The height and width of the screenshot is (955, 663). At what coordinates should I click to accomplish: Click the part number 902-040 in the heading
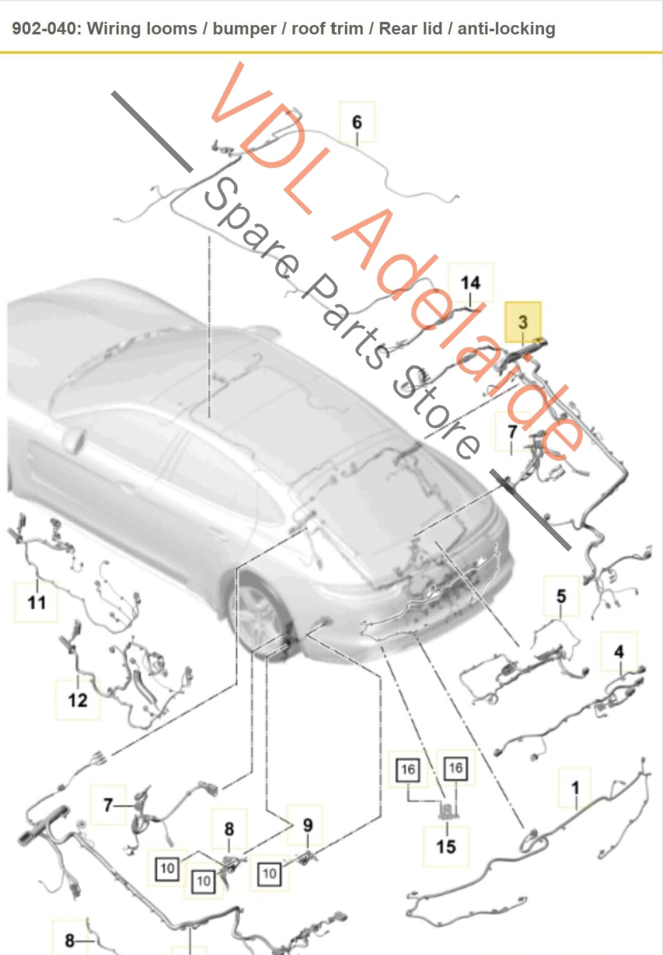tap(45, 28)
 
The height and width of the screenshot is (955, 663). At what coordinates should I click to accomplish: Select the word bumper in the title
tap(244, 28)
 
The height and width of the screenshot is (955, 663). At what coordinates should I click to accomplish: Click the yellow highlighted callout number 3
tap(523, 322)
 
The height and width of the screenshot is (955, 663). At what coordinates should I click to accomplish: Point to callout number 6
tap(357, 122)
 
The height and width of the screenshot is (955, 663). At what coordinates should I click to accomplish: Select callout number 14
tap(470, 282)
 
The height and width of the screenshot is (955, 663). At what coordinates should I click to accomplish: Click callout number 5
tap(561, 596)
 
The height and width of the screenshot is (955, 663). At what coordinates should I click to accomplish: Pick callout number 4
tap(618, 652)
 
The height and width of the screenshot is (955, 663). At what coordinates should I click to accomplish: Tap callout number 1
tap(575, 788)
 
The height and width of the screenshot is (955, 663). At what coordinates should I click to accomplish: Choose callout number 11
tap(37, 602)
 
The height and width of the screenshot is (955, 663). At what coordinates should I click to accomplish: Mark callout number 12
tap(78, 700)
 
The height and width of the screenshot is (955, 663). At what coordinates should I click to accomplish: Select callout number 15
tap(446, 846)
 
